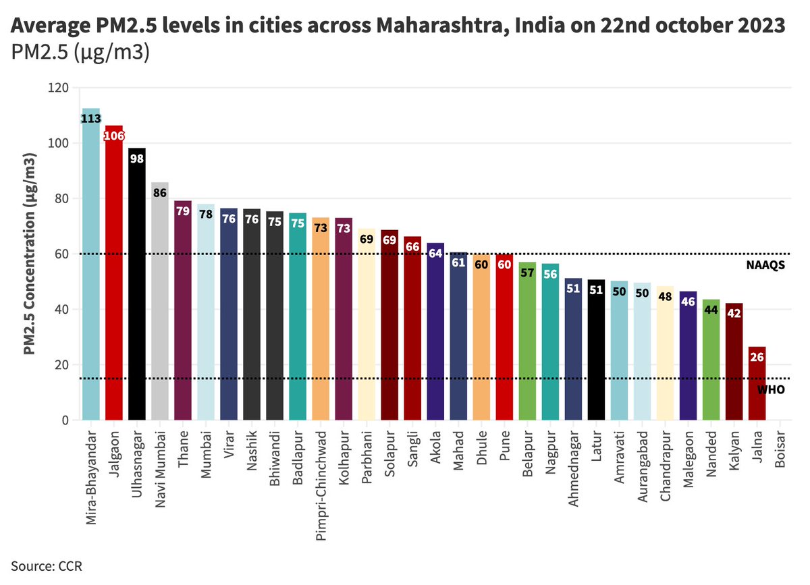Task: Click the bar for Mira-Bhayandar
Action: click(x=91, y=270)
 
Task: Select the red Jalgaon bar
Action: click(x=114, y=277)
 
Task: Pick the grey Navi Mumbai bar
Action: click(x=160, y=304)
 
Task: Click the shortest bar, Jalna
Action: click(x=757, y=385)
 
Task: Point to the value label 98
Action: click(x=137, y=159)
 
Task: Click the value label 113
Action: click(x=91, y=119)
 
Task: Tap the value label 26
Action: click(x=757, y=358)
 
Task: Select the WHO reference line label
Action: click(x=770, y=390)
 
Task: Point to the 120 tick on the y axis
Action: click(x=60, y=88)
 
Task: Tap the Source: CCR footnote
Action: click(x=46, y=565)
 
